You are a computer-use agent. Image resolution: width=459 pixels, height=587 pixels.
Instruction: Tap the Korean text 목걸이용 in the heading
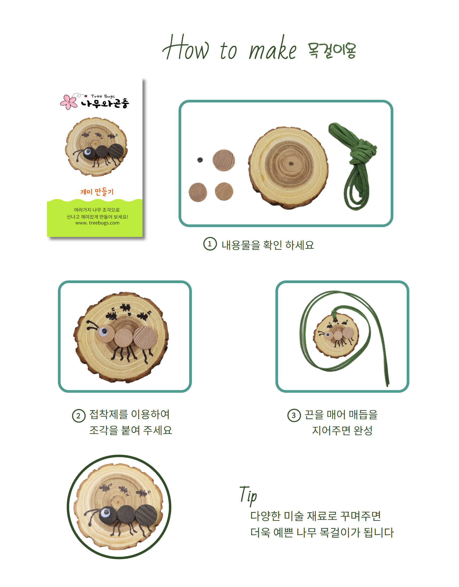click(x=332, y=50)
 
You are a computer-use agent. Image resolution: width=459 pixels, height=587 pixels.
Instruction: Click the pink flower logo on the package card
click(x=69, y=102)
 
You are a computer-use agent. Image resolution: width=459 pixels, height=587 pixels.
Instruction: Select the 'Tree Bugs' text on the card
click(x=103, y=96)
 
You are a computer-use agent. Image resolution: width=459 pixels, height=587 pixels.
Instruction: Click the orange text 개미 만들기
click(x=97, y=192)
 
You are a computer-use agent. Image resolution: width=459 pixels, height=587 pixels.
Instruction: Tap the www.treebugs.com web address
click(x=97, y=223)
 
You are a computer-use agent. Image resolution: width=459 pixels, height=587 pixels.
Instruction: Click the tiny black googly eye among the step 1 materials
click(x=200, y=160)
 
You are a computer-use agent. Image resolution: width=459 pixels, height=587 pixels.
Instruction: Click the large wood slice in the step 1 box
click(x=288, y=168)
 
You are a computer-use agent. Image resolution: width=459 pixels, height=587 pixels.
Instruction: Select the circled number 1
click(x=210, y=244)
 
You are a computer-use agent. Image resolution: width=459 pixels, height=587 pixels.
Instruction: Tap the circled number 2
click(x=78, y=416)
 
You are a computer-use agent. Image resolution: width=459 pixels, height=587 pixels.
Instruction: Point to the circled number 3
click(x=294, y=415)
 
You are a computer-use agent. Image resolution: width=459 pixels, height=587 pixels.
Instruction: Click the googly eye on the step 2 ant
click(x=103, y=332)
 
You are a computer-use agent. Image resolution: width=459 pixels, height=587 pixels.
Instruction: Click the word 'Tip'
click(x=248, y=496)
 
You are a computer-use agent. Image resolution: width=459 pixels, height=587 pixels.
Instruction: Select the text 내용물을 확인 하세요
click(x=268, y=245)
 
